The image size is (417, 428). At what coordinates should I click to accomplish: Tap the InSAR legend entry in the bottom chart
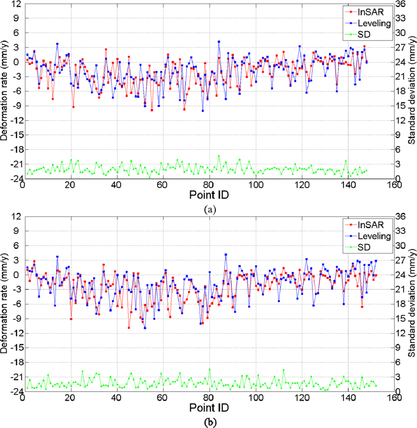click(372, 224)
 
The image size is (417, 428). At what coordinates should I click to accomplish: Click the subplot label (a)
click(209, 209)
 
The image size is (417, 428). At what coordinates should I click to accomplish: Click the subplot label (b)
click(209, 422)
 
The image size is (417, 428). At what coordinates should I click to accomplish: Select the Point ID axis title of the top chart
click(209, 196)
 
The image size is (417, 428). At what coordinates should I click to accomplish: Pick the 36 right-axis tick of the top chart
click(404, 4)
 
